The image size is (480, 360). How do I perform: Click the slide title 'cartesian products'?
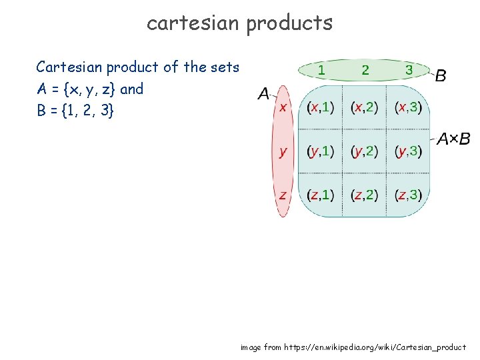click(239, 23)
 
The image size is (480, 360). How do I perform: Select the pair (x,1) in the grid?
click(321, 107)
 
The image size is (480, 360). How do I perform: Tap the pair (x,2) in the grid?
click(364, 107)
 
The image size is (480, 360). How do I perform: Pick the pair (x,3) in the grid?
click(408, 107)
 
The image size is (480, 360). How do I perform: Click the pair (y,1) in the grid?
click(321, 151)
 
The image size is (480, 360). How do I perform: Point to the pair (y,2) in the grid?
click(364, 151)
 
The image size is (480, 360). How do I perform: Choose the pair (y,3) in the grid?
click(408, 151)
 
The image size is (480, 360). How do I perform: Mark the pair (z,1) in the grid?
click(321, 195)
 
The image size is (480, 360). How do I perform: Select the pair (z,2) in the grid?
click(364, 195)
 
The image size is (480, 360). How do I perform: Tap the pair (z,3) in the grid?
click(408, 195)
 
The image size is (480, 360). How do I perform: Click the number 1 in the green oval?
click(321, 69)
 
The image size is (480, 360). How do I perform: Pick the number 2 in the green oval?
click(365, 69)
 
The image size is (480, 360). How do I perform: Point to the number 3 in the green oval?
click(408, 69)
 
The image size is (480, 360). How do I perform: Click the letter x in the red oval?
click(283, 107)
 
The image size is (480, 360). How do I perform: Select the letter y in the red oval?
click(283, 151)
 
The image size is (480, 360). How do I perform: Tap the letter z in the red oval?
click(283, 195)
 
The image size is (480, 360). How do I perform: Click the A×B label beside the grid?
click(453, 139)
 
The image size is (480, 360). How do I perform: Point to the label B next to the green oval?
click(441, 76)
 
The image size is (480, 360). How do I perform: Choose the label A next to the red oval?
click(263, 94)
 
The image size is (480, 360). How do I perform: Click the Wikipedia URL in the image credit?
click(375, 347)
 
